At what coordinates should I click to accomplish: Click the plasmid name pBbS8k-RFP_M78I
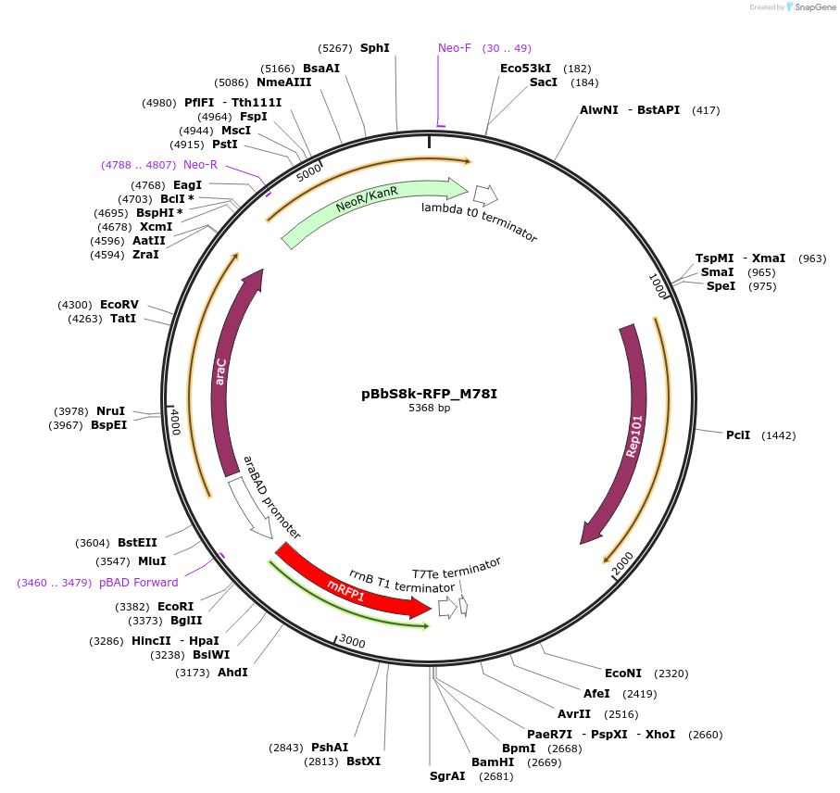coord(429,394)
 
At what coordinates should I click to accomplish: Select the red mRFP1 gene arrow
coord(352,584)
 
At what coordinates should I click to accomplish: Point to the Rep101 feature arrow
coord(633,435)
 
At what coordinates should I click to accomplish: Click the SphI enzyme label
coord(375,48)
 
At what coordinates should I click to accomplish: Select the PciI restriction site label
coord(738,435)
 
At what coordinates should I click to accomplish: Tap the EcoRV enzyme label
coord(119,305)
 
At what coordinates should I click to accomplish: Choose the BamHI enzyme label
coord(493,762)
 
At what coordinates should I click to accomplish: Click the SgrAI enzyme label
coord(447,776)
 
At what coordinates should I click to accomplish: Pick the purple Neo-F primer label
coord(455,48)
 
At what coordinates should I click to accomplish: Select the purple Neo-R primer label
coord(200,165)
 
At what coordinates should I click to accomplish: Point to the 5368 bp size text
coord(429,408)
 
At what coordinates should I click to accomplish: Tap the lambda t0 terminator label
coord(479,221)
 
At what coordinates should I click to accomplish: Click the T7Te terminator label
coord(457,568)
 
